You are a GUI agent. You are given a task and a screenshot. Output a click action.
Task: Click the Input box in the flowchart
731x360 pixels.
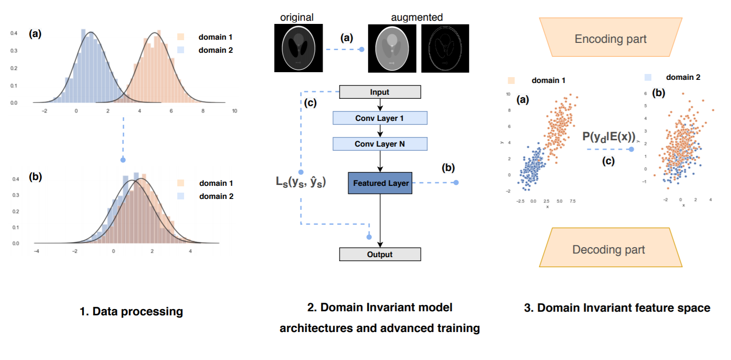tap(380, 92)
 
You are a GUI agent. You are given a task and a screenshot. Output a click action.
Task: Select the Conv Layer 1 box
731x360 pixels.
tap(380, 118)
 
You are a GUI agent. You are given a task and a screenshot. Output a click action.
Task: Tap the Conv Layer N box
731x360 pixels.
tap(380, 144)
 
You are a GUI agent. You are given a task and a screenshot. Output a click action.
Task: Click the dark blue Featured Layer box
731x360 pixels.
tap(380, 183)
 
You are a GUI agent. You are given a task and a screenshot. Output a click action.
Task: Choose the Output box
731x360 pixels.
tap(380, 254)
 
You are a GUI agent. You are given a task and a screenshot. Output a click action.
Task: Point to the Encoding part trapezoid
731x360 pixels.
tap(611, 37)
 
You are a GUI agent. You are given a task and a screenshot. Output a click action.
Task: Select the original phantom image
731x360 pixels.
tap(298, 48)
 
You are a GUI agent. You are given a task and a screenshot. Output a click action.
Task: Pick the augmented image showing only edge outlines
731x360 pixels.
tap(445, 48)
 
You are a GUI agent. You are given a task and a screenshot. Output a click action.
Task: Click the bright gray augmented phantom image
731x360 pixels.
tap(392, 48)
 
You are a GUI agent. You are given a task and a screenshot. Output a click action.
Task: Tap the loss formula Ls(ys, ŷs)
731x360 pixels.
tap(301, 182)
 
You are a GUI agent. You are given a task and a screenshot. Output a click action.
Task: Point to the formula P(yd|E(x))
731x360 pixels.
tap(609, 137)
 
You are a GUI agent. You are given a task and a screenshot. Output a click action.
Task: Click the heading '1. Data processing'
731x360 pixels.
tap(131, 311)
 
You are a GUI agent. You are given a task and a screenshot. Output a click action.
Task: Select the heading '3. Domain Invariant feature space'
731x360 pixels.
tap(617, 308)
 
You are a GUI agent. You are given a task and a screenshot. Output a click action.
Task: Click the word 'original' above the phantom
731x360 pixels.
tap(297, 17)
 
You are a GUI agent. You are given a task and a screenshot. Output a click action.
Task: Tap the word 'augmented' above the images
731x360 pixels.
tap(417, 17)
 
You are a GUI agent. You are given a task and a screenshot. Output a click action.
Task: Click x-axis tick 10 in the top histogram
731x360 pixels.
tap(234, 111)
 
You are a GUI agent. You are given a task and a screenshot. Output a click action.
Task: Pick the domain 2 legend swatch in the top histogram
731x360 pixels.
tap(180, 50)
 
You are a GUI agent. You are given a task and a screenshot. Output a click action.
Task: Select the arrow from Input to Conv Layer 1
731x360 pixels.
tap(380, 105)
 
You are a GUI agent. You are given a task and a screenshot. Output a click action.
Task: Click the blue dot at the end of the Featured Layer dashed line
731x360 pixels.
tap(456, 183)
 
